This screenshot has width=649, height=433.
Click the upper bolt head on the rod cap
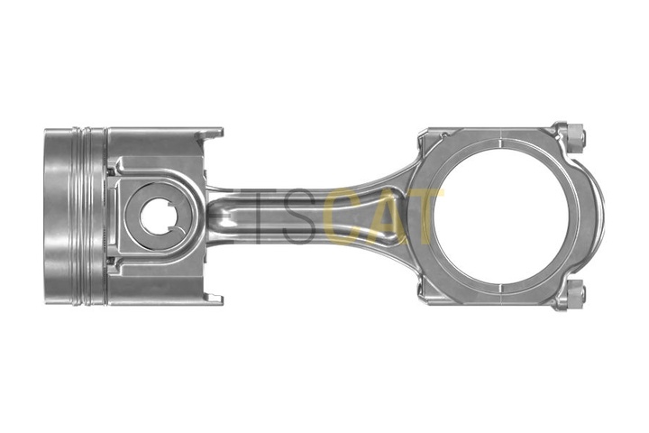coord(571,136)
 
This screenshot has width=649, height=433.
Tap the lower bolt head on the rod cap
coord(571,295)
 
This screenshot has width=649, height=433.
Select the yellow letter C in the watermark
coord(348,217)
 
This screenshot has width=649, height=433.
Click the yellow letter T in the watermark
coord(424,217)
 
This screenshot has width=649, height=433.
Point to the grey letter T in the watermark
coord(253,217)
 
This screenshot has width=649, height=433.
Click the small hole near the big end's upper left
coord(442,137)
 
